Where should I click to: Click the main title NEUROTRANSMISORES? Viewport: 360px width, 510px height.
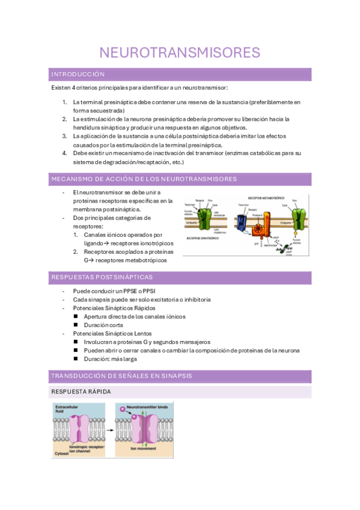(x=179, y=52)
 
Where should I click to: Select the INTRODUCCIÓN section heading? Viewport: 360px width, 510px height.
(x=78, y=75)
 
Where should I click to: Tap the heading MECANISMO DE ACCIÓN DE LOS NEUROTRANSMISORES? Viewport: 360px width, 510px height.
(x=144, y=179)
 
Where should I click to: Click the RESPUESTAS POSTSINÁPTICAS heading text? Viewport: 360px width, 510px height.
(x=102, y=277)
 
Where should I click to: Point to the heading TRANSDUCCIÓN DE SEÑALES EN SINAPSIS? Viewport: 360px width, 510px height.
(x=122, y=376)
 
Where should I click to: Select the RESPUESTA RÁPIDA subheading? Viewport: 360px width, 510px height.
(x=81, y=392)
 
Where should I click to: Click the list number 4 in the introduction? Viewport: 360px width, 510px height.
(x=65, y=153)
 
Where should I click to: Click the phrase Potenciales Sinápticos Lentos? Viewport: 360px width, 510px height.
(x=112, y=333)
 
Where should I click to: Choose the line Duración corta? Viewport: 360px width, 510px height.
(x=105, y=325)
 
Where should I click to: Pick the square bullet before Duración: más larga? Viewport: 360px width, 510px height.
(x=76, y=358)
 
